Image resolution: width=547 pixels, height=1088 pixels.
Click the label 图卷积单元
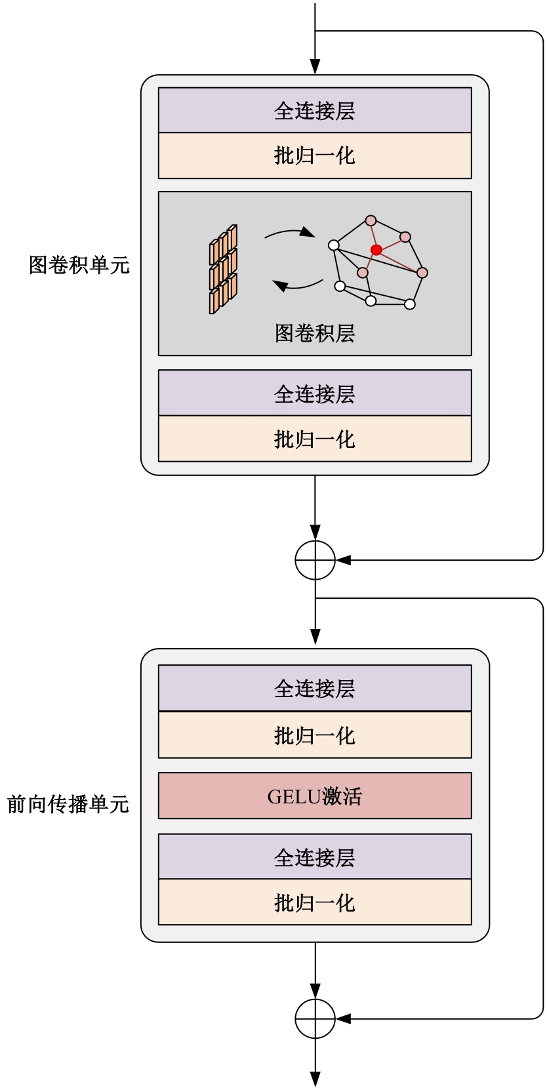79,265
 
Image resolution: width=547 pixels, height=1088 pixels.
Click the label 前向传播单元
68,804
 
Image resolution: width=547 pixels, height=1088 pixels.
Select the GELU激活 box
315,796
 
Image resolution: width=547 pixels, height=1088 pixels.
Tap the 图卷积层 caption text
315,333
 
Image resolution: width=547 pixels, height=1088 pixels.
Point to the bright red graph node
376,250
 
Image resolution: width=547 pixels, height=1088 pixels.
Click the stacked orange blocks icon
223,270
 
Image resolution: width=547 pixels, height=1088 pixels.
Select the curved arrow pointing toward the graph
289,233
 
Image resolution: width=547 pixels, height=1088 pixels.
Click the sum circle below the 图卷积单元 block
315,560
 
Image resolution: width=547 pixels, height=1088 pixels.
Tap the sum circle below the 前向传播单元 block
315,1018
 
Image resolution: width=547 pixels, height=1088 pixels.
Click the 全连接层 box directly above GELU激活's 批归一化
315,688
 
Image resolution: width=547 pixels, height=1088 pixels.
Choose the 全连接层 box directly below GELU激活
315,856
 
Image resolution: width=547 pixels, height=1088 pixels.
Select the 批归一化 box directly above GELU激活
315,735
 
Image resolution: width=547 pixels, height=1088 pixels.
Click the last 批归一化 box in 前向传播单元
315,902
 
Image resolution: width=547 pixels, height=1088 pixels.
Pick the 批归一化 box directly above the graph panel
315,155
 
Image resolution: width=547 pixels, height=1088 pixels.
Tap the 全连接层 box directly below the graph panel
315,393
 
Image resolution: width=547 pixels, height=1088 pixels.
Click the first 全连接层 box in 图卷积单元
315,110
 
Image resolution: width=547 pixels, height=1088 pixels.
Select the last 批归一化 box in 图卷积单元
315,439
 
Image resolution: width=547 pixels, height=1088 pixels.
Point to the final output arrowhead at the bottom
315,1079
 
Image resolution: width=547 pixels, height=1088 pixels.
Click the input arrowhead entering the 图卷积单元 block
315,67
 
